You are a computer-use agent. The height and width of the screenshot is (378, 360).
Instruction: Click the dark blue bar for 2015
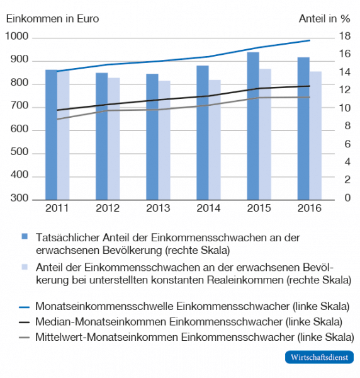click(x=253, y=126)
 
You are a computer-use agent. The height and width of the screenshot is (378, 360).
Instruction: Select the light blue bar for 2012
click(x=113, y=139)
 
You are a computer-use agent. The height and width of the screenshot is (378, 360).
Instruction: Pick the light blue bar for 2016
click(x=315, y=135)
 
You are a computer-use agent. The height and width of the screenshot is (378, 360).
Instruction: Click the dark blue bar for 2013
click(x=152, y=137)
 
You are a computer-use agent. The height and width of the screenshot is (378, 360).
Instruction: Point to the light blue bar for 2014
click(x=215, y=139)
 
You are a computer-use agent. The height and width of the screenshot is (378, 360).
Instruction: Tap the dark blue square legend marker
click(x=25, y=236)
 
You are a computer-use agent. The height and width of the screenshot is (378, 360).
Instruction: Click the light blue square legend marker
click(x=25, y=266)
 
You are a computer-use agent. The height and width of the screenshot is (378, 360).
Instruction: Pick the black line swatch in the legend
click(x=24, y=322)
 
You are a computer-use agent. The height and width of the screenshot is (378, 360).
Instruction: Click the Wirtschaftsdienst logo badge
click(x=318, y=357)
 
